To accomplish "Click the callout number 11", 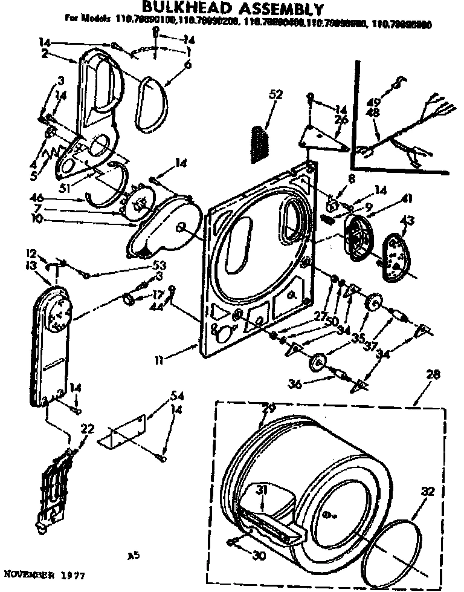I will click(x=159, y=361).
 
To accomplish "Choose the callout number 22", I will click(x=88, y=428).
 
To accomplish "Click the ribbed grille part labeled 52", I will click(x=259, y=143).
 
